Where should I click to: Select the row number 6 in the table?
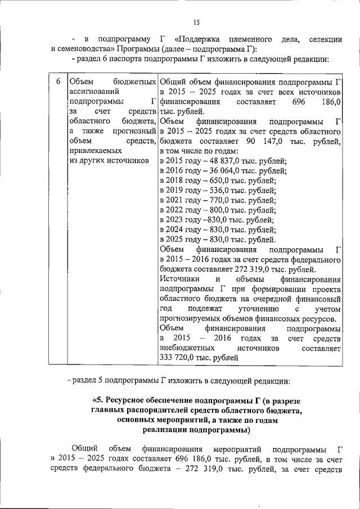(57, 80)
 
